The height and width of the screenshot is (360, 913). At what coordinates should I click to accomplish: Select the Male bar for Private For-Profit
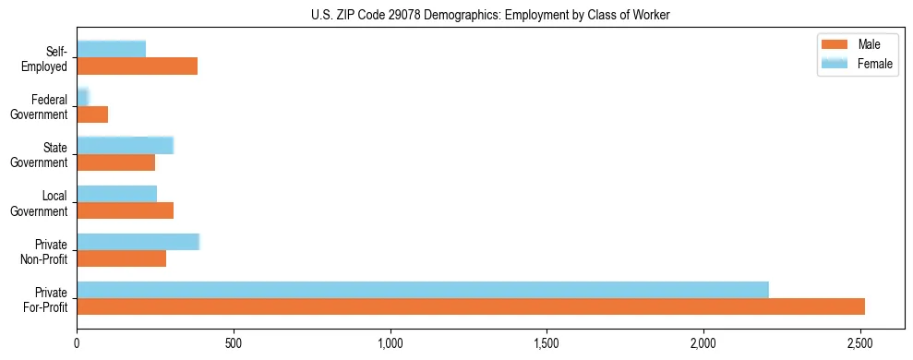click(471, 306)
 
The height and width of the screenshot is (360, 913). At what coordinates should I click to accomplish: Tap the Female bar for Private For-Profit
click(423, 290)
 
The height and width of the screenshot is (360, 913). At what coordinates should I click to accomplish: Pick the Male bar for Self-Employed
click(138, 66)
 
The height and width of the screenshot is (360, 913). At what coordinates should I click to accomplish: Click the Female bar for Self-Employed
click(112, 49)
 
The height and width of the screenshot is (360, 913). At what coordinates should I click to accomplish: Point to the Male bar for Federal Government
click(92, 114)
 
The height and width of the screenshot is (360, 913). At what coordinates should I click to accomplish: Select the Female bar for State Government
click(126, 145)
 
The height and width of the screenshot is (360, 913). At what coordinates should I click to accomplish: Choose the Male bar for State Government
click(116, 162)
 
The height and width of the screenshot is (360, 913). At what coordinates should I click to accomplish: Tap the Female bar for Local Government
click(117, 193)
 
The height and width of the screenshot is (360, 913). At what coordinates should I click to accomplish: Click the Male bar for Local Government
click(126, 210)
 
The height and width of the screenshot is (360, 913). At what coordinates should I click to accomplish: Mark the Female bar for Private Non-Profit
click(138, 242)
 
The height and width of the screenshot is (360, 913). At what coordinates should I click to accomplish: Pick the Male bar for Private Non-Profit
click(122, 258)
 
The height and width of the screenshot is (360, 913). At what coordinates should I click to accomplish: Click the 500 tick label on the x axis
click(234, 344)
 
